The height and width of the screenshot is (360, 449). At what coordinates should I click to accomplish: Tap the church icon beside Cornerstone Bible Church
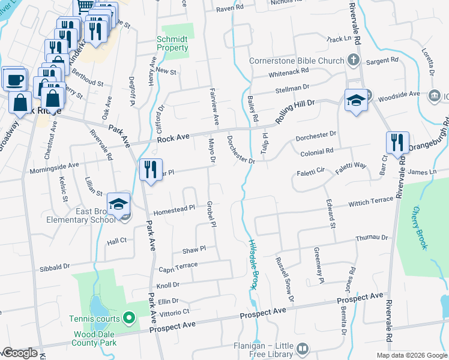pos(354,60)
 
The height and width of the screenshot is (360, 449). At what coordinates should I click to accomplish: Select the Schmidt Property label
pos(172,43)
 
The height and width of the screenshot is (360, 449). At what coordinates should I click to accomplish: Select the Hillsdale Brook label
pos(253,264)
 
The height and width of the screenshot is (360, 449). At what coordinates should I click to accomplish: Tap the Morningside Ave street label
pos(54,168)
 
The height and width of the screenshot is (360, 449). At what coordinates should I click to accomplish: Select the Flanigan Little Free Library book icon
pos(303,348)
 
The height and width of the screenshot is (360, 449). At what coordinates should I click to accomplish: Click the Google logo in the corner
pos(20,353)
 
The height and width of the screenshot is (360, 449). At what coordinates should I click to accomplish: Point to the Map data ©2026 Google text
pos(411,355)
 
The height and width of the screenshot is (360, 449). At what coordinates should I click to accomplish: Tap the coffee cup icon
pos(14,79)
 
